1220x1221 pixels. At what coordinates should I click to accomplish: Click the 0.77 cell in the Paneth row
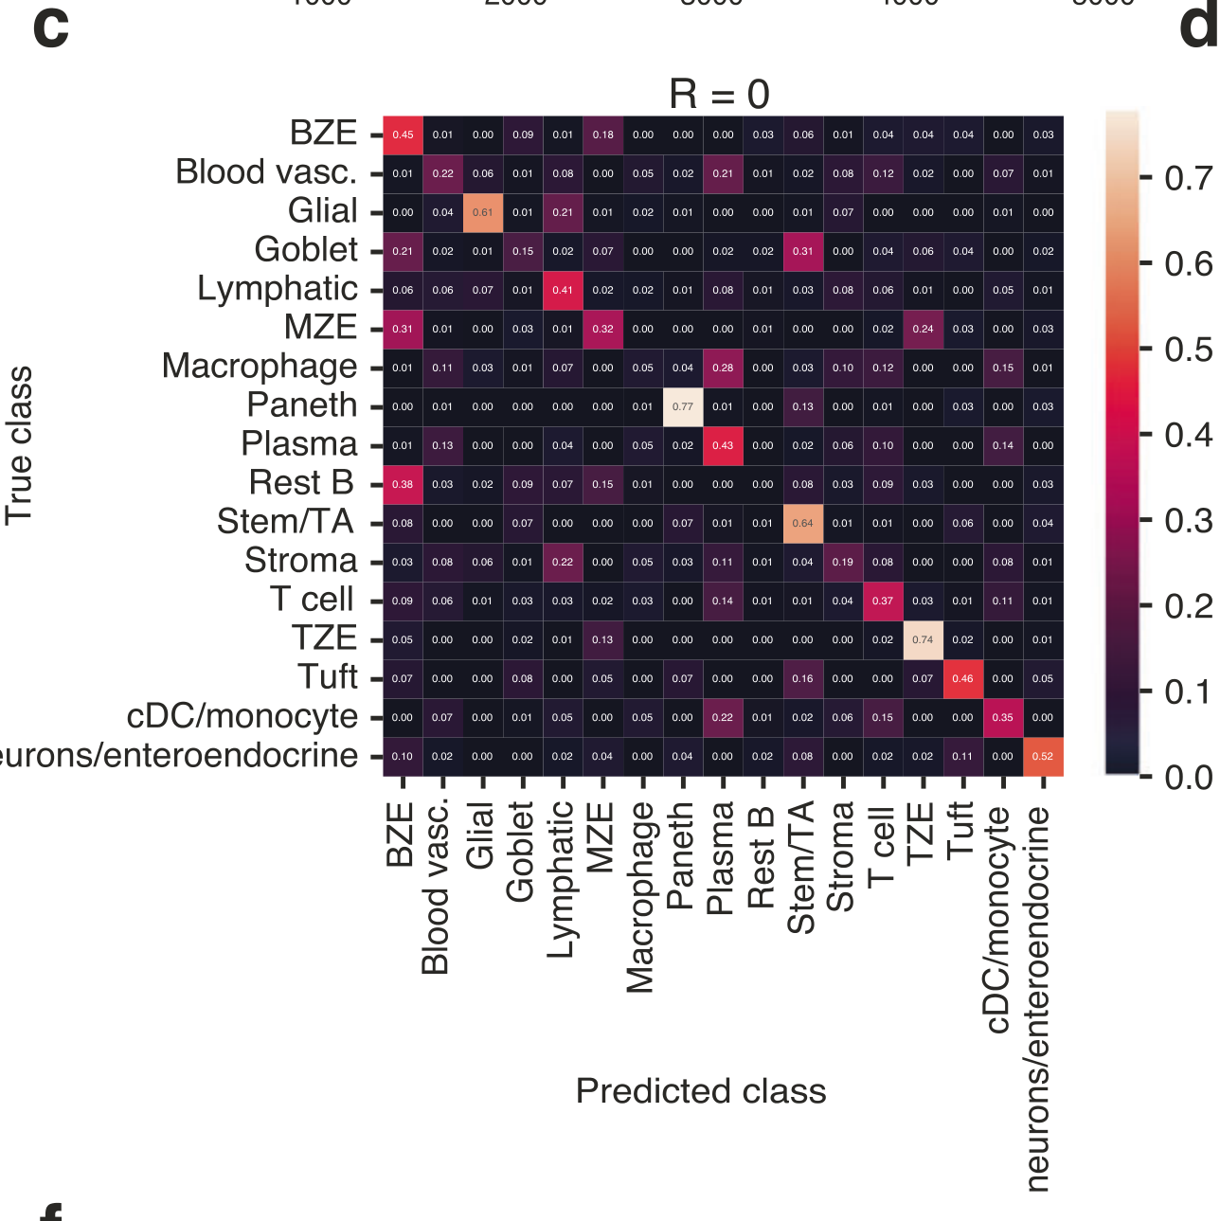(x=683, y=406)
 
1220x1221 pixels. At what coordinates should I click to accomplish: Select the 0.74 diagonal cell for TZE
(x=923, y=639)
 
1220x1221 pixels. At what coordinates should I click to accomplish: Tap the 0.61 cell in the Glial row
(x=483, y=212)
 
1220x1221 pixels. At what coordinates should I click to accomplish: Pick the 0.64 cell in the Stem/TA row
(x=802, y=523)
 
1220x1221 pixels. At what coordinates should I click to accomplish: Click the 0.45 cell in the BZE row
(x=403, y=135)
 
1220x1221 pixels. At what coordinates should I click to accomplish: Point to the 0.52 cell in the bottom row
(x=1043, y=756)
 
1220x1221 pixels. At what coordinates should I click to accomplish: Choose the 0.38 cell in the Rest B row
(x=403, y=484)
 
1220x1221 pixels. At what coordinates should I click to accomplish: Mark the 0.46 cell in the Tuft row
(x=962, y=678)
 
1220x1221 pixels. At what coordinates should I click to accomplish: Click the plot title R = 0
(x=719, y=94)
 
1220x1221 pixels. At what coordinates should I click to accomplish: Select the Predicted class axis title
(x=701, y=1091)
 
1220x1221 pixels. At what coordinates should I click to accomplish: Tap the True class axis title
(x=19, y=445)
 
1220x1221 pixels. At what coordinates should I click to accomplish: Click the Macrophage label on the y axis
(x=260, y=366)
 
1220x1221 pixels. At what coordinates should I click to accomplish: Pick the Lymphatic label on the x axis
(x=561, y=879)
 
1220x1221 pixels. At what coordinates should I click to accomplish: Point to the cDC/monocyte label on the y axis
(x=242, y=716)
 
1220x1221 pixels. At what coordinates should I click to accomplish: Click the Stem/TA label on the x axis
(x=801, y=867)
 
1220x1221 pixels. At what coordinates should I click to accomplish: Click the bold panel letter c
(x=50, y=28)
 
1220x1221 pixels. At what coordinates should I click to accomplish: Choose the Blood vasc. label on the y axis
(x=266, y=172)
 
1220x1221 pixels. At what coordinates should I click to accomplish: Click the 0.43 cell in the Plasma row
(x=723, y=445)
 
